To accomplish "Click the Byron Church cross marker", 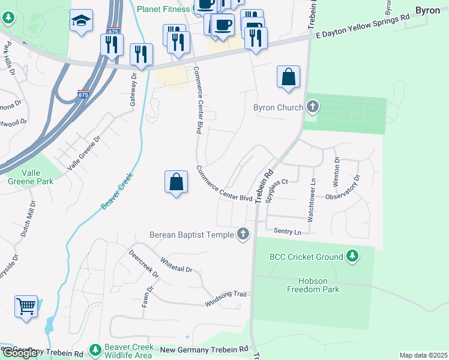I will pos(312,108).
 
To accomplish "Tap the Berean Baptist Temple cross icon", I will pos(243,234).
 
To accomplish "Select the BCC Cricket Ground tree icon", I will pos(352,257).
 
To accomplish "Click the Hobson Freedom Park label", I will pos(319,285).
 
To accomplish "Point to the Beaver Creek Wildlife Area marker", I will pos(95,349).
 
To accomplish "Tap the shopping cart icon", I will pos(26,307).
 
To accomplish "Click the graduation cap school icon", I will pos(81,21).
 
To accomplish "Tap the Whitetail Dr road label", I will pos(176,265).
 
